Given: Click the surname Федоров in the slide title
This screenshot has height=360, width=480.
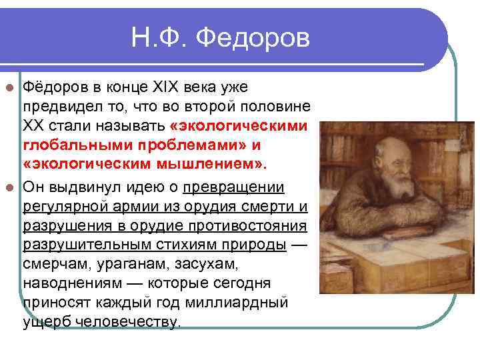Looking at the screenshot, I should [256, 38].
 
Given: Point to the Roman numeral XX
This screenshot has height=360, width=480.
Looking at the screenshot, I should [37, 126].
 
